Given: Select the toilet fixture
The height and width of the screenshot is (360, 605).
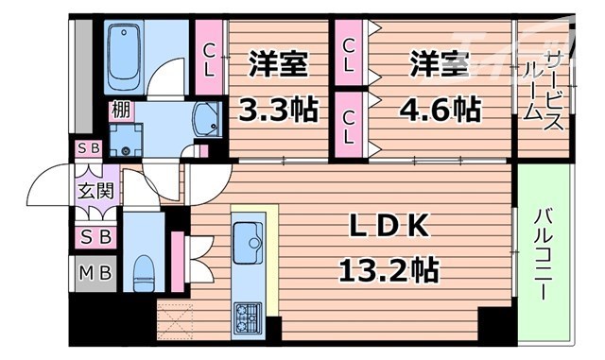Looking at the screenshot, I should coord(143,272).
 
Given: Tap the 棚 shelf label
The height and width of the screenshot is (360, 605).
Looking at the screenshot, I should coord(121,111).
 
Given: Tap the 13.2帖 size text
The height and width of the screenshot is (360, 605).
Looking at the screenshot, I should coord(388,272).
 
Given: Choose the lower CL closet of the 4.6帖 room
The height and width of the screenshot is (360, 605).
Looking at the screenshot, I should coord(349,125).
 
